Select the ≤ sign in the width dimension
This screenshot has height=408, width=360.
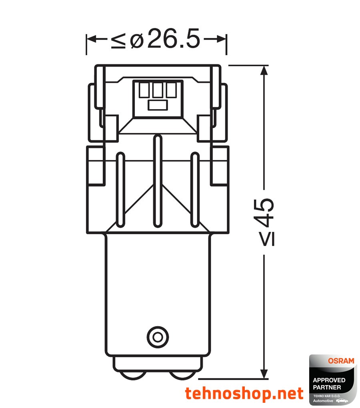pos(118,40)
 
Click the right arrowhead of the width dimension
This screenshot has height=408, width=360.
pos(222,39)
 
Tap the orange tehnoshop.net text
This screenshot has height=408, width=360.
pos(244,394)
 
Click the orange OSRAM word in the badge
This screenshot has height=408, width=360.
pos(341,361)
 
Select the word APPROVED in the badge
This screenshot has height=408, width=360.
pos(329,380)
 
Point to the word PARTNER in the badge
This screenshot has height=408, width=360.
pos(327,387)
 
